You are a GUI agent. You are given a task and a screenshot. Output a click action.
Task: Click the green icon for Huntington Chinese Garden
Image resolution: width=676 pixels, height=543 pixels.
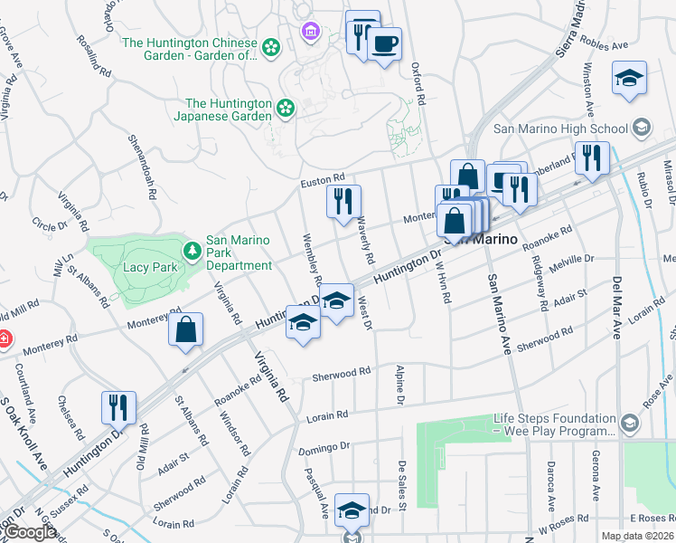pyautogui.click(x=270, y=46)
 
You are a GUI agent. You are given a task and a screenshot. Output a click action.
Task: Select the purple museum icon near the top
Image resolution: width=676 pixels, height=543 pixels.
pyautogui.click(x=312, y=33)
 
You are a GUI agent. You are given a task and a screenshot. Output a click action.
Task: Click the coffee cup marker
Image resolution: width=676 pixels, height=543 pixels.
pyautogui.click(x=384, y=43)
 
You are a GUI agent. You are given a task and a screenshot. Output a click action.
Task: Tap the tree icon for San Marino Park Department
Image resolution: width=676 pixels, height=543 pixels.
pyautogui.click(x=192, y=250)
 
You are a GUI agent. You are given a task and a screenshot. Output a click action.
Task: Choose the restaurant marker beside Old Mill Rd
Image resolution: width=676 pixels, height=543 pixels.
pyautogui.click(x=118, y=406)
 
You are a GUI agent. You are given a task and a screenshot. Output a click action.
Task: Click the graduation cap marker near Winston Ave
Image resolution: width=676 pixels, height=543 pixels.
pyautogui.click(x=629, y=77)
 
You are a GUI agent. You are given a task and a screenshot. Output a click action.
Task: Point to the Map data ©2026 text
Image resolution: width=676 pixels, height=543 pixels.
pyautogui.click(x=637, y=536)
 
